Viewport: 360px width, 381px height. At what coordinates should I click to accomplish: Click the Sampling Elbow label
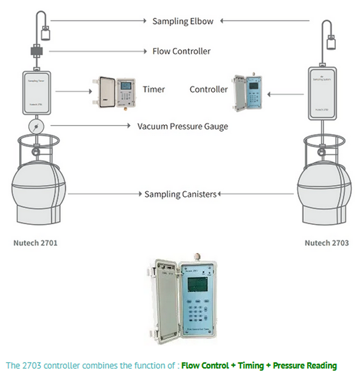tap(183, 21)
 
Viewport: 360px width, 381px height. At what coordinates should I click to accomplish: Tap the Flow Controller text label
tap(181, 51)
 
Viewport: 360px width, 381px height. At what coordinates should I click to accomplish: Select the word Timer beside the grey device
tap(154, 89)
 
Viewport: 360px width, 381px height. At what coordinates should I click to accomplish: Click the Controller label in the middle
tap(208, 89)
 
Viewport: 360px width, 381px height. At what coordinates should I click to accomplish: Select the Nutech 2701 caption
tap(35, 243)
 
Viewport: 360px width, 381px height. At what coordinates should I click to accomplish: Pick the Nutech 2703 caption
tap(326, 243)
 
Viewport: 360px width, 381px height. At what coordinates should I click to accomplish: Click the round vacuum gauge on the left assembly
tap(35, 126)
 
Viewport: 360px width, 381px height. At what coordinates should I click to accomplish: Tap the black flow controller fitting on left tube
tap(35, 51)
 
